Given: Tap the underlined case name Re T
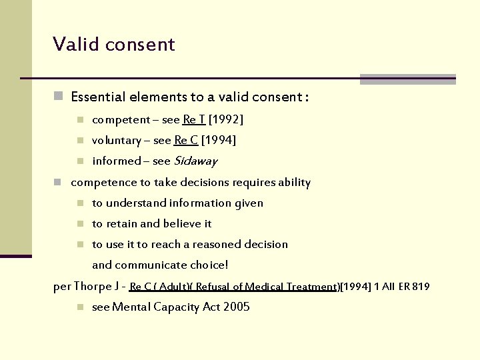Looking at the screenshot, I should pyautogui.click(x=194, y=120).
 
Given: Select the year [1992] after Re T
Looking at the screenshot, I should pyautogui.click(x=226, y=120).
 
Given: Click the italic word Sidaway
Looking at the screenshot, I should pyautogui.click(x=195, y=161).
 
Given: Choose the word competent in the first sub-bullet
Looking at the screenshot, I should pyautogui.click(x=121, y=120).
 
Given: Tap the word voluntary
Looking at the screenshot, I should pyautogui.click(x=117, y=140).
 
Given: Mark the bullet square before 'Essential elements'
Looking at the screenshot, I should pyautogui.click(x=59, y=97).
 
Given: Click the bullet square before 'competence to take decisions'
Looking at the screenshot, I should pyautogui.click(x=59, y=182).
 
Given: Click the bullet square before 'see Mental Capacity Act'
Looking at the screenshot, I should pyautogui.click(x=79, y=307).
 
